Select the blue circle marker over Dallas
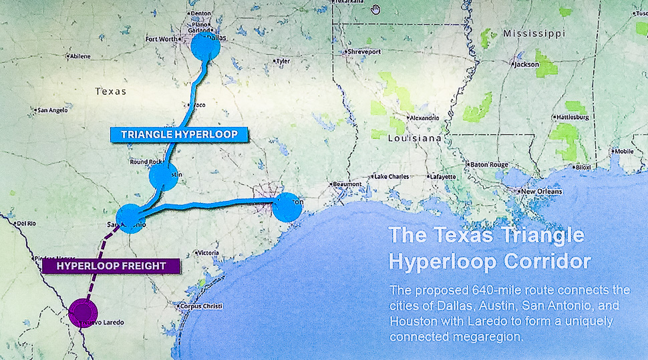(205, 47)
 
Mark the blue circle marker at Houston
(287, 206)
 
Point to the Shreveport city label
(364, 51)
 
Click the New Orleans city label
(542, 192)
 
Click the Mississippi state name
(534, 33)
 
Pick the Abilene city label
(79, 56)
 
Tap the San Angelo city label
(52, 110)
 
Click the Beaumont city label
(347, 184)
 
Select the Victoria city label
(208, 252)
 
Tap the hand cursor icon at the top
(376, 9)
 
